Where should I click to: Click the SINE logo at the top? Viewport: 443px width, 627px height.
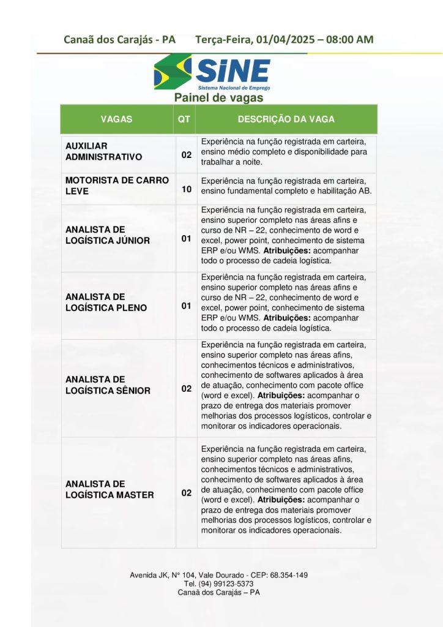click(212, 73)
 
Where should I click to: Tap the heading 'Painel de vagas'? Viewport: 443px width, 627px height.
click(218, 97)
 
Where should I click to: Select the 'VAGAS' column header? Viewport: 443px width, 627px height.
click(116, 119)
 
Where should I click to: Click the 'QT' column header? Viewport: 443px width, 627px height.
click(184, 119)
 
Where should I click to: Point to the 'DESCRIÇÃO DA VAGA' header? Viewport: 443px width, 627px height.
click(286, 119)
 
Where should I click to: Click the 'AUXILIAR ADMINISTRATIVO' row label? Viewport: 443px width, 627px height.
click(103, 151)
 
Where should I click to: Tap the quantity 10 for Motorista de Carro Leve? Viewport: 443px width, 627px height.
click(186, 190)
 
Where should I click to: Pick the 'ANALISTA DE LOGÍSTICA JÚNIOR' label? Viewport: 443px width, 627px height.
click(107, 235)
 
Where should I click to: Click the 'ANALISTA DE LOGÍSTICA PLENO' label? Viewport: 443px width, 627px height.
click(106, 302)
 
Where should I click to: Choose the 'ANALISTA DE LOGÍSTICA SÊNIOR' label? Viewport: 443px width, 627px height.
click(108, 385)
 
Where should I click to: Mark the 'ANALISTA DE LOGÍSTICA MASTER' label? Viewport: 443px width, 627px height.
click(110, 489)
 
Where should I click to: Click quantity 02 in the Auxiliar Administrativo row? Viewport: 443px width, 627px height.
click(186, 154)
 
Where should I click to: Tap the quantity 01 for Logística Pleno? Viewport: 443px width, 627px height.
click(186, 306)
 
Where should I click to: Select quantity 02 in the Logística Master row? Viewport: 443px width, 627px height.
click(186, 492)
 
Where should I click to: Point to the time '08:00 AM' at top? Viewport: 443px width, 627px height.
click(349, 40)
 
